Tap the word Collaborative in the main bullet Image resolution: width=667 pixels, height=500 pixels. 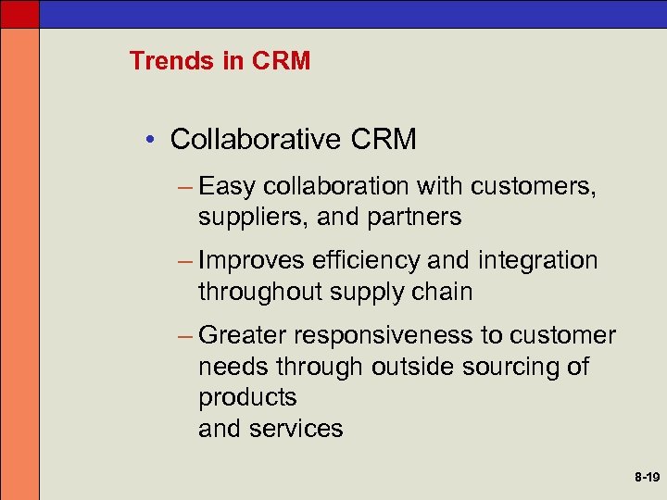click(x=257, y=140)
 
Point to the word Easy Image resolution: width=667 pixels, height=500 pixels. click(x=226, y=188)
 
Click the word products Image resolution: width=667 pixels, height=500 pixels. click(x=247, y=398)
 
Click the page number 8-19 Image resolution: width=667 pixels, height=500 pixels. click(x=647, y=478)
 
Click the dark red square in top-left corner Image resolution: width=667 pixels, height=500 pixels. click(x=19, y=12)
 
